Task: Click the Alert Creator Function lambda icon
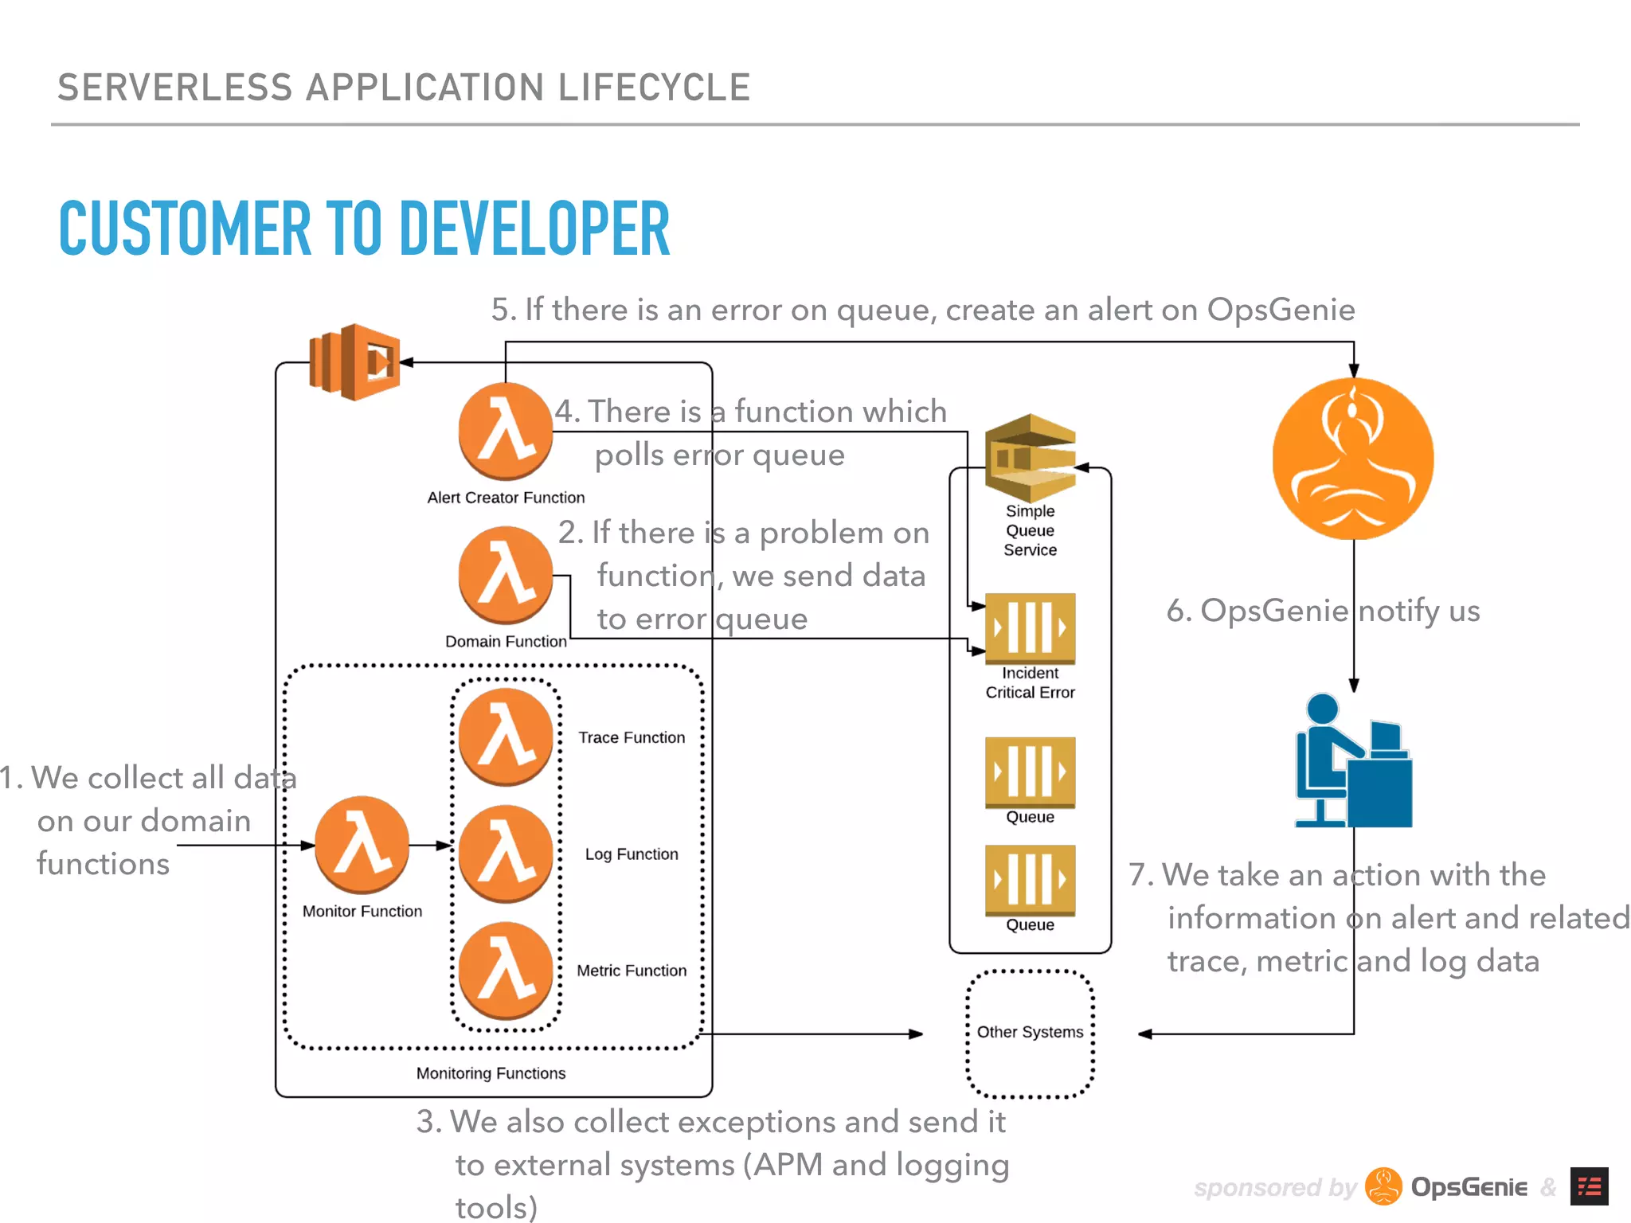tap(505, 431)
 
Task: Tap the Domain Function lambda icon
tap(505, 574)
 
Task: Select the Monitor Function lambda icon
tap(362, 844)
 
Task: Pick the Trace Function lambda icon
tap(505, 737)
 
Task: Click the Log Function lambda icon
tap(505, 854)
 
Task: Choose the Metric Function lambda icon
tap(505, 970)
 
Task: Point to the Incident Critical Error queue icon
tap(1030, 628)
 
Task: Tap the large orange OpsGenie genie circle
tap(1353, 459)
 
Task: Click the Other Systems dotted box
tap(1030, 1033)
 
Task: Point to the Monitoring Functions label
tap(491, 1073)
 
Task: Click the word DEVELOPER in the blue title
tap(534, 229)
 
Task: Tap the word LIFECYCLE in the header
tap(654, 88)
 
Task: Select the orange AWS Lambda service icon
tap(355, 361)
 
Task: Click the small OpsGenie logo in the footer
tap(1383, 1186)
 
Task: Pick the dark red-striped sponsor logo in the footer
tap(1589, 1186)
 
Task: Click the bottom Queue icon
tap(1030, 880)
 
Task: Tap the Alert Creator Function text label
tap(506, 498)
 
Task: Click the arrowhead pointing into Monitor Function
tap(308, 845)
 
